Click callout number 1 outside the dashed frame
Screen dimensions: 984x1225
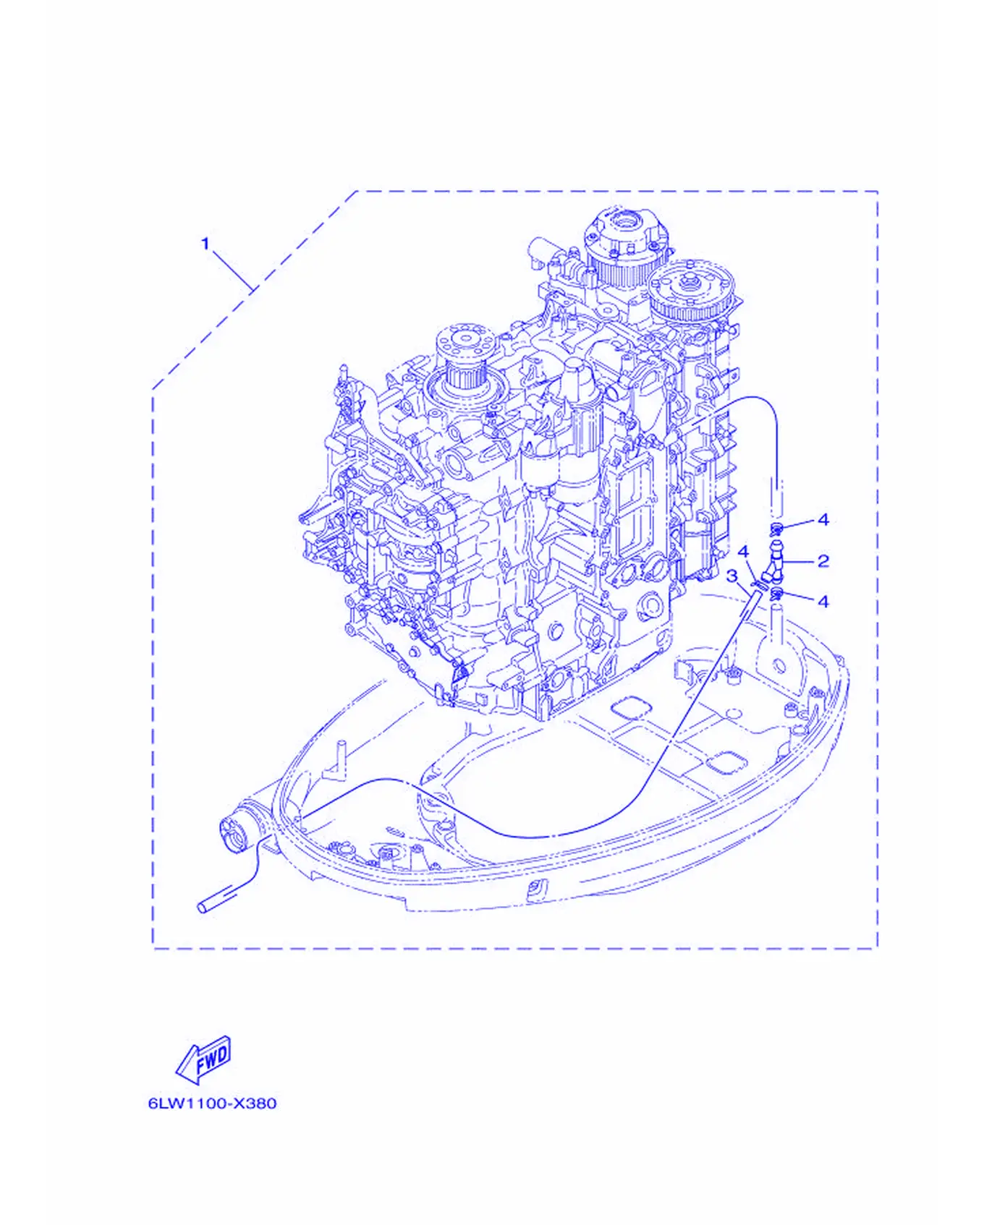(205, 243)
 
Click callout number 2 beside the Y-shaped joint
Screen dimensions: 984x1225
(823, 560)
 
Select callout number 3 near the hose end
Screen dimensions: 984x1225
(731, 576)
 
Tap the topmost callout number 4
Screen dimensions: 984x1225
(823, 519)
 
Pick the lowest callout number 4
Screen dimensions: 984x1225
(823, 601)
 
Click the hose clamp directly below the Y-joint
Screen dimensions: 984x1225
(777, 595)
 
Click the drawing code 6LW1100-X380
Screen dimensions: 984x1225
(212, 1104)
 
